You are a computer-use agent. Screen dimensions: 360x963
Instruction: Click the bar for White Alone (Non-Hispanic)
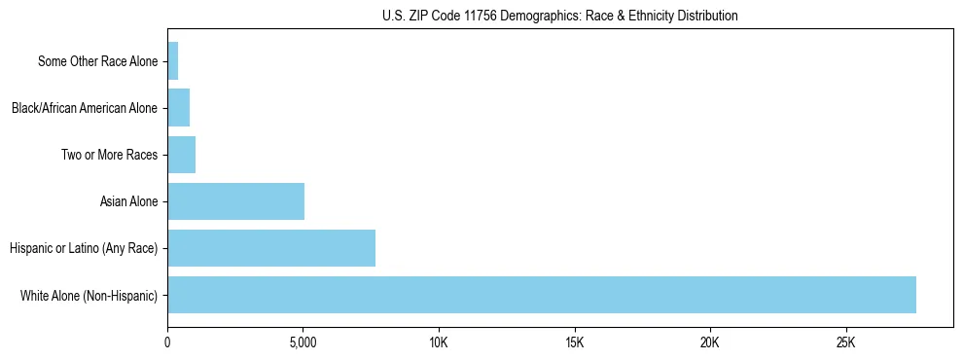(x=542, y=295)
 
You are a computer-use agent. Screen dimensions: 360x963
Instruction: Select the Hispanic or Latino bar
(x=271, y=248)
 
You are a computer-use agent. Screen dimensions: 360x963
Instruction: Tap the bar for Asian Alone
(x=235, y=201)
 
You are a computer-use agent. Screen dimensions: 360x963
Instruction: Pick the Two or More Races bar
(x=182, y=155)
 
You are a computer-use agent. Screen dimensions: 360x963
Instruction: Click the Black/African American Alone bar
(x=179, y=108)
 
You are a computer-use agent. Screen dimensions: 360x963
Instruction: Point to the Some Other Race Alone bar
(x=173, y=61)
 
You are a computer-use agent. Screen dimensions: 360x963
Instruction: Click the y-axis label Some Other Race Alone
(x=97, y=61)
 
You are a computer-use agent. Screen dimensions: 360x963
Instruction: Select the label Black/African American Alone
(x=84, y=108)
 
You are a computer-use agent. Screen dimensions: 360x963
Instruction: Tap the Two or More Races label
(x=109, y=155)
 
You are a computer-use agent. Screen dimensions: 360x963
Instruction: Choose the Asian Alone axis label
(x=128, y=201)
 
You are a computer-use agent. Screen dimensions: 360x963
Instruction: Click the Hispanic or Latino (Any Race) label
(x=84, y=248)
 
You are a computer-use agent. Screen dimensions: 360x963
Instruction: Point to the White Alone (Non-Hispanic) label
(x=89, y=295)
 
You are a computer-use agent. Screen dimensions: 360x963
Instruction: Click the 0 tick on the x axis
(x=167, y=343)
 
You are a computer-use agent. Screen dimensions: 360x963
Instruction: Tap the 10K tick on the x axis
(x=439, y=343)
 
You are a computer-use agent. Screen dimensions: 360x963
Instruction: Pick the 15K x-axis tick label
(x=574, y=343)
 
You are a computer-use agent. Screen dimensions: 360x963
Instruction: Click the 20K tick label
(x=709, y=343)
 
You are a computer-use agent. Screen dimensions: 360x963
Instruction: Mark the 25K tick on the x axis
(x=845, y=343)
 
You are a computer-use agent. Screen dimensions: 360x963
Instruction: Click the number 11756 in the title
(x=470, y=16)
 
